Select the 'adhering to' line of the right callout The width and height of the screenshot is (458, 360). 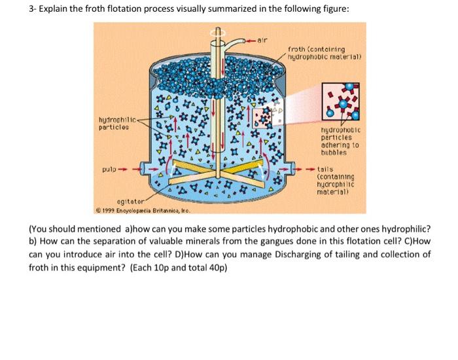pos(339,144)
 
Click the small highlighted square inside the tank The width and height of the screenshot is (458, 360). pos(265,117)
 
